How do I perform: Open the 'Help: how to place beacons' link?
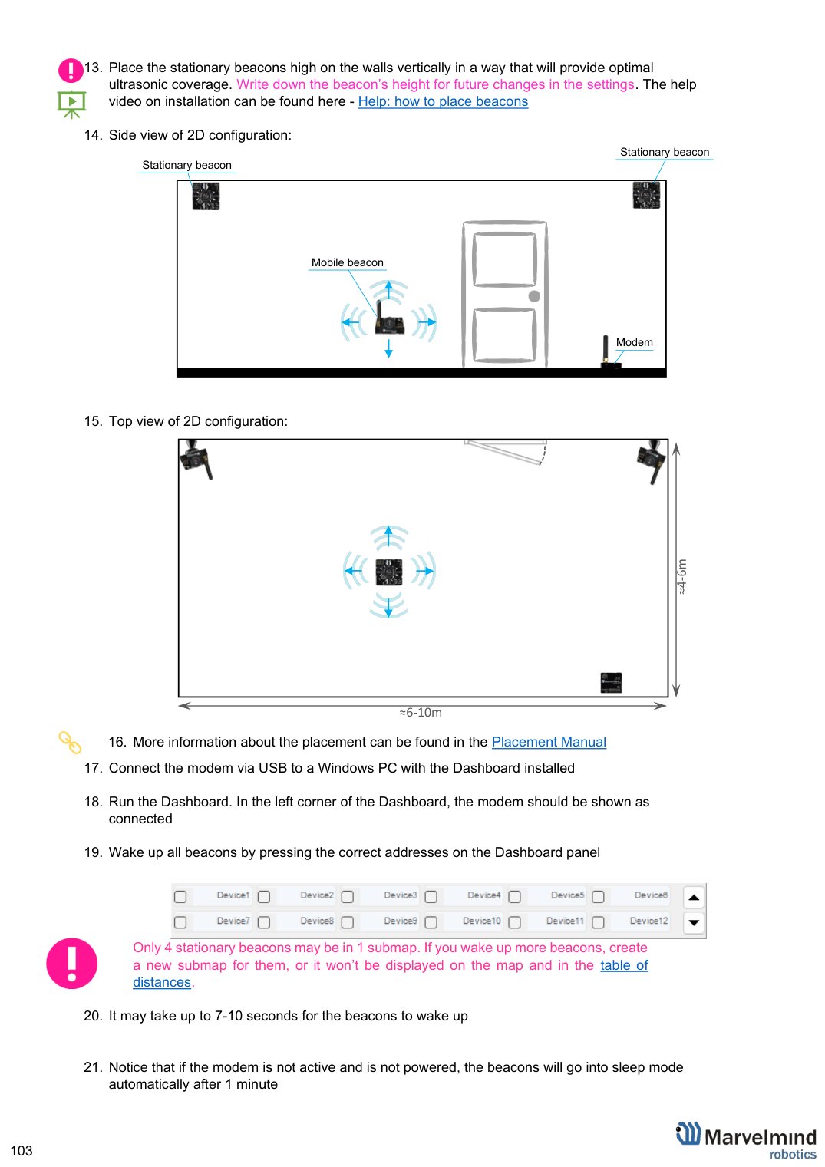(443, 101)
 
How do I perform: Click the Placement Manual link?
(548, 742)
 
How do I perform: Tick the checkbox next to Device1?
(180, 897)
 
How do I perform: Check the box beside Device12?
(598, 923)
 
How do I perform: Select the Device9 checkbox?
(348, 923)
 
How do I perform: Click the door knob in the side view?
(534, 296)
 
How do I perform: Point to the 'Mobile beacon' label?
(347, 262)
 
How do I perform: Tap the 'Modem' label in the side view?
(634, 342)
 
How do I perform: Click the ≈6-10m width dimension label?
(420, 712)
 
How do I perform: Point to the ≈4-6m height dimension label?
(681, 577)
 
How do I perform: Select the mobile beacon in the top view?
(389, 572)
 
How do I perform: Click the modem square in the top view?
(611, 683)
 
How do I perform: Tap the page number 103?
(21, 1150)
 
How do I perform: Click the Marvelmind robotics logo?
(746, 1141)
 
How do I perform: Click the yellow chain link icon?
(70, 743)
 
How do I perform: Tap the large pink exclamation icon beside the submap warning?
(72, 964)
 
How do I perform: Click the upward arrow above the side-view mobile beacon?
(388, 291)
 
